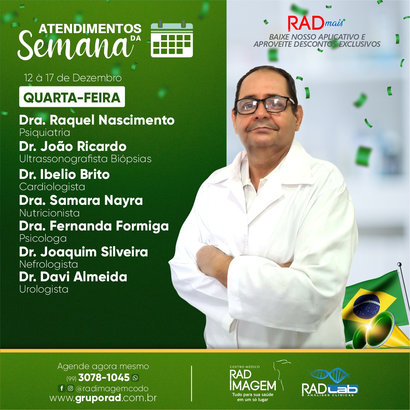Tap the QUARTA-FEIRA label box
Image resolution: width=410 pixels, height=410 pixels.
[72, 97]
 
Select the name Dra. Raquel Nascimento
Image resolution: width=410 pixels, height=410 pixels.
[97, 121]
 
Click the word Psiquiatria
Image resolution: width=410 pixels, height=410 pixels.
[45, 133]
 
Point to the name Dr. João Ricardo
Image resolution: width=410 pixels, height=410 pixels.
[73, 146]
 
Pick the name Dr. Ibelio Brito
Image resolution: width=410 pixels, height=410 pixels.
[65, 174]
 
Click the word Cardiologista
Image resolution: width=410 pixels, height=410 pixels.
[52, 187]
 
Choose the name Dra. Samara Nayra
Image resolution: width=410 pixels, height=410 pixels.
[81, 201]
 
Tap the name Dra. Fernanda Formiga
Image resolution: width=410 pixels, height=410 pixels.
[94, 226]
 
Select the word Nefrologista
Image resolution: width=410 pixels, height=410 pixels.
[48, 264]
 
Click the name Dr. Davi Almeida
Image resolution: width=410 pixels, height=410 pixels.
[73, 277]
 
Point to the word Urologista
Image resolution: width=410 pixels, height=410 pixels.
[44, 289]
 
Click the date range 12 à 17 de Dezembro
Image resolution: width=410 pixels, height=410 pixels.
[73, 78]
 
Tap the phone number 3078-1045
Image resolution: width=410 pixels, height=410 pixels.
[104, 378]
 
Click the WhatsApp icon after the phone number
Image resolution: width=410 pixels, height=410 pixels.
[135, 378]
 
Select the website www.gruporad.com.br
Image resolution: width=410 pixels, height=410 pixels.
[103, 398]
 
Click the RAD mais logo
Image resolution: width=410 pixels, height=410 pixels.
[316, 23]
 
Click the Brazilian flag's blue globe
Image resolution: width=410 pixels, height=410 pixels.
[366, 306]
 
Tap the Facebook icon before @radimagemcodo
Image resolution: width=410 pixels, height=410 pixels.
[61, 388]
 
